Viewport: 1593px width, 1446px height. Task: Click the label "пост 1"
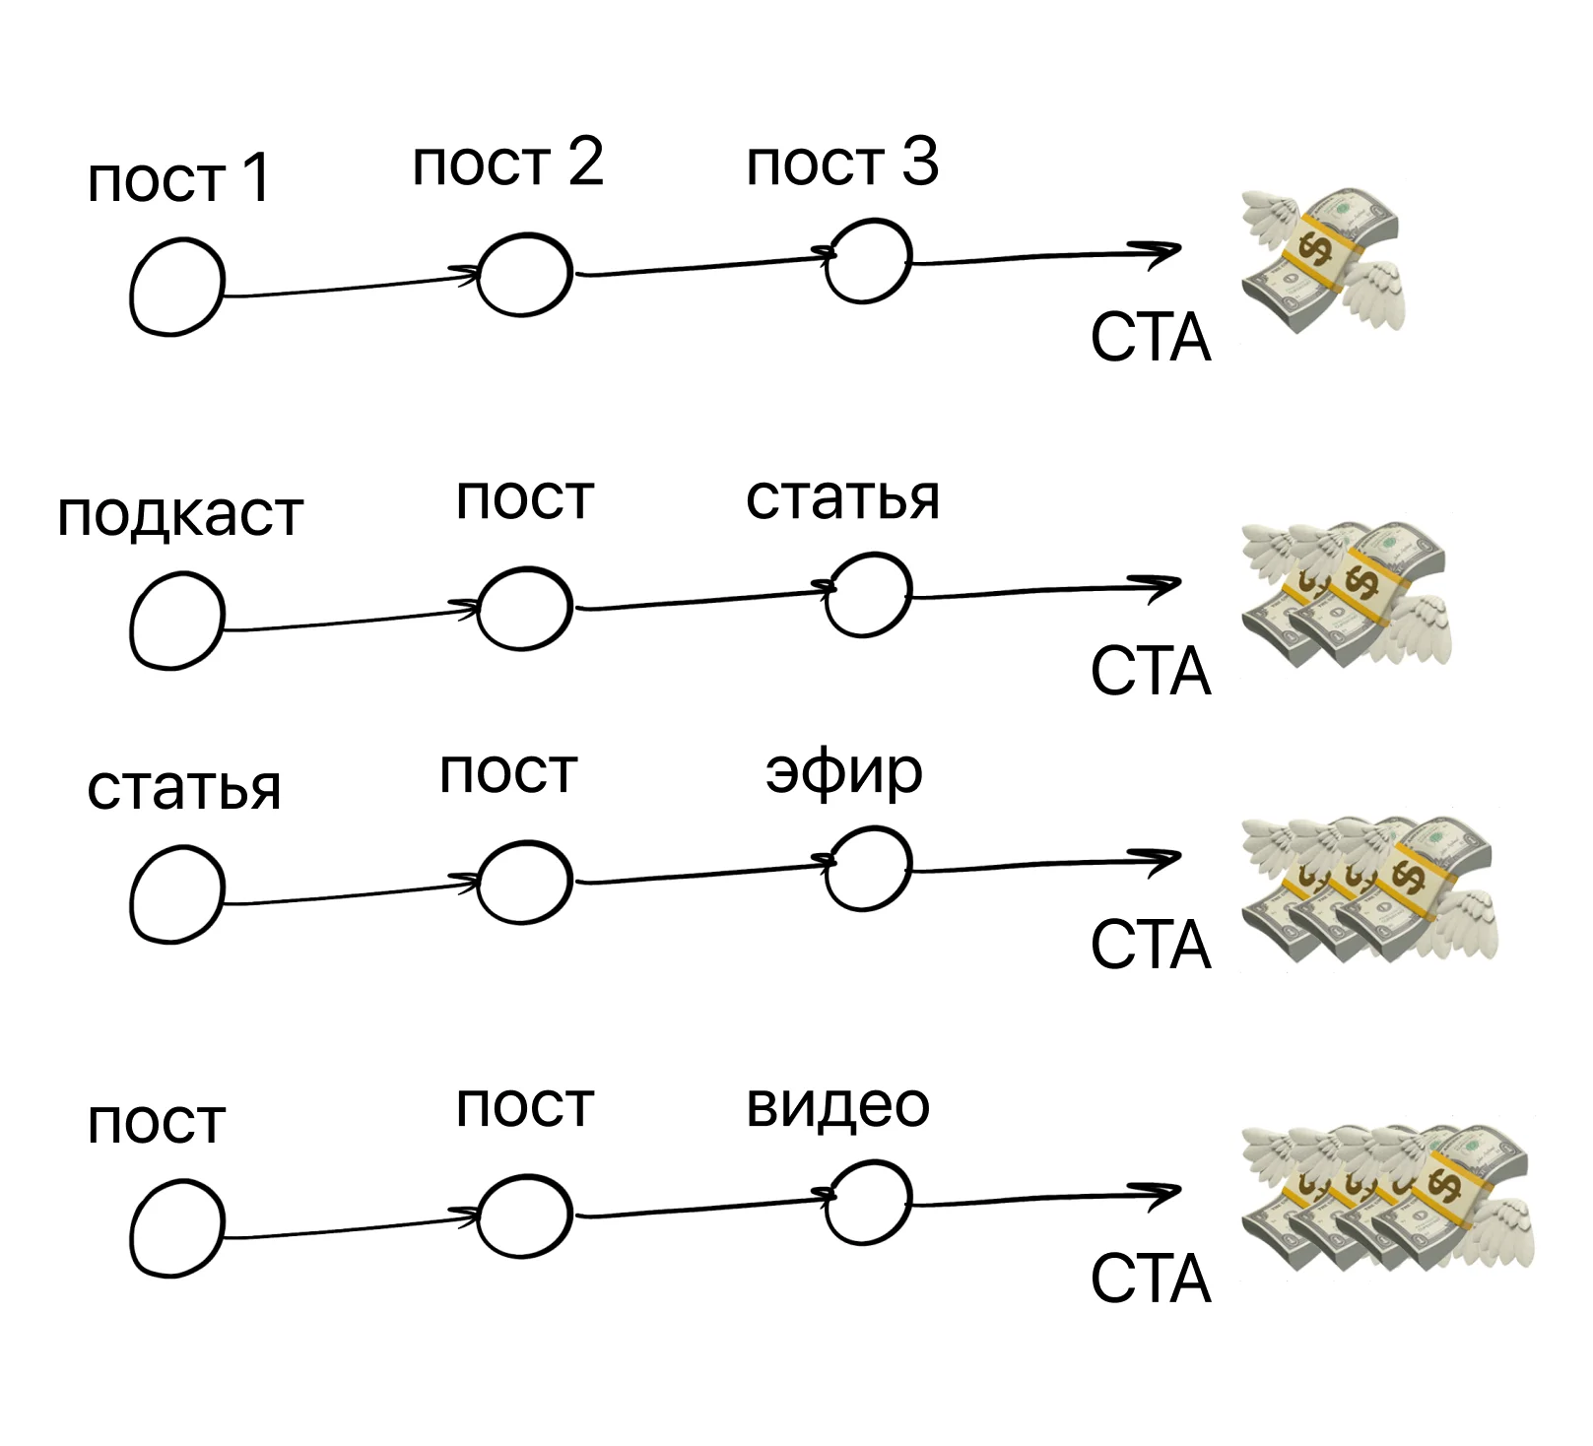point(178,179)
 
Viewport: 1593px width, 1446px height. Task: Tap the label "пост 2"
point(507,163)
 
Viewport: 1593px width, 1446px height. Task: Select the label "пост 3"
point(842,163)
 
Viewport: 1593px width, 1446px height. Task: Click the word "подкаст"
point(180,515)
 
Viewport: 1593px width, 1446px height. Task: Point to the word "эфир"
point(844,773)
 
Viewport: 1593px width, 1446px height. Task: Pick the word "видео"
point(837,1105)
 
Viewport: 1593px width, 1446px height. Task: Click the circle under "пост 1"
point(177,287)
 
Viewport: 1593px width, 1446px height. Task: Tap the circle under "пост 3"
point(868,259)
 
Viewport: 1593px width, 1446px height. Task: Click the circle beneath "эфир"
point(868,867)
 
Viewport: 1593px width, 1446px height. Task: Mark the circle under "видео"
point(868,1201)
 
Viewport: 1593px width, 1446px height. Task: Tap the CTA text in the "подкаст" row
point(1150,672)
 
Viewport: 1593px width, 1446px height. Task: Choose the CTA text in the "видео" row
point(1150,1280)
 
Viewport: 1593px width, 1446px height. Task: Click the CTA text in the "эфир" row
point(1150,945)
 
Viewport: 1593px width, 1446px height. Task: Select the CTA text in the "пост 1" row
point(1150,339)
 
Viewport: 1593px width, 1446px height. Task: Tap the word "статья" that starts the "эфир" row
point(184,789)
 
